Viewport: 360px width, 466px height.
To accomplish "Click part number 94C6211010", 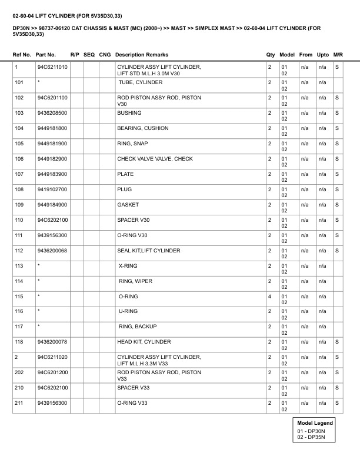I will (52, 67).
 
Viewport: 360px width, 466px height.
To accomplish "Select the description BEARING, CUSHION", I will (143, 128).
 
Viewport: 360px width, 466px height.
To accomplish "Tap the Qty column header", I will (271, 54).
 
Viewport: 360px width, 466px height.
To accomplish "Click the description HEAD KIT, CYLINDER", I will (144, 341).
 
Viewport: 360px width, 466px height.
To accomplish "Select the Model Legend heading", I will (315, 423).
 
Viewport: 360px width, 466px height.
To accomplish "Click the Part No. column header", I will (46, 54).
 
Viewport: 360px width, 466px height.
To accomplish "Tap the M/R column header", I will (338, 54).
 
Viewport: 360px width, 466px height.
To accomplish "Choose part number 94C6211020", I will (52, 357).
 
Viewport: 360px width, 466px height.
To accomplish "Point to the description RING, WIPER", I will (135, 281).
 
